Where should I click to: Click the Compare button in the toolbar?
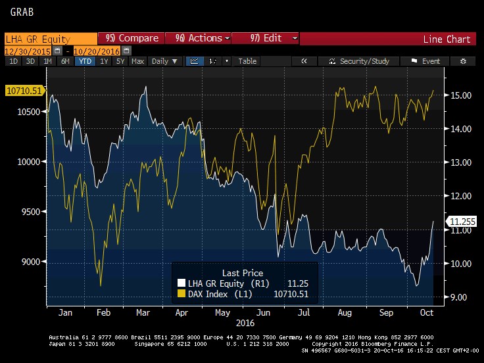click(132, 39)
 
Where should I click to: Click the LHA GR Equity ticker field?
click(50, 39)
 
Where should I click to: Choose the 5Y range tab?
click(119, 61)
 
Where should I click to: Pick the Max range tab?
click(137, 61)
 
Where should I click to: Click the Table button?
click(247, 61)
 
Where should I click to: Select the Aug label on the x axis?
click(343, 314)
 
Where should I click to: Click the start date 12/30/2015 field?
click(28, 51)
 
